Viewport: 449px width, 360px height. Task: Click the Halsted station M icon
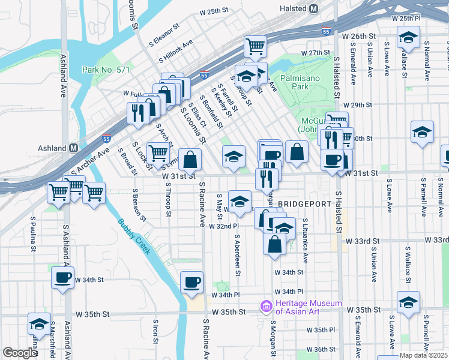[313, 9]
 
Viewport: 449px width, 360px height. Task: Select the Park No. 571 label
[106, 70]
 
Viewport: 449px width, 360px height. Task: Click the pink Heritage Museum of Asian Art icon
[266, 307]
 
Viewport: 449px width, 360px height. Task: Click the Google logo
[20, 352]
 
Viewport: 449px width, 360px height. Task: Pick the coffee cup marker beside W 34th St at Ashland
[62, 277]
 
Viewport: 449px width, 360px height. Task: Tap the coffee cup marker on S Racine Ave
[191, 282]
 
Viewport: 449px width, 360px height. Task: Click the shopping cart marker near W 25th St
[256, 46]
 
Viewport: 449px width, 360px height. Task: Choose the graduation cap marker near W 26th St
[408, 38]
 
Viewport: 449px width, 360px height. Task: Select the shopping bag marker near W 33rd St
[274, 244]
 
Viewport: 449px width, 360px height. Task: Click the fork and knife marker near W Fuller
[138, 112]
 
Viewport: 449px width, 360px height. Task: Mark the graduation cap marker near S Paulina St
[39, 324]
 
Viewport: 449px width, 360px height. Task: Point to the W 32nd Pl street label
[224, 226]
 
